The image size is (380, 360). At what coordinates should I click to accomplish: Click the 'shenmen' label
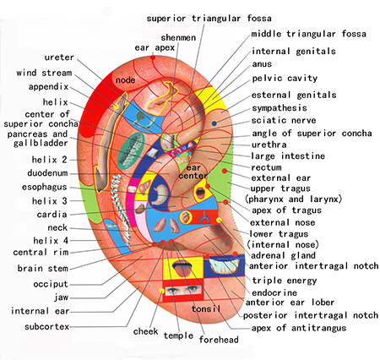tap(178, 37)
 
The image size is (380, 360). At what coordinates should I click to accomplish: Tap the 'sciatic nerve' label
tap(284, 120)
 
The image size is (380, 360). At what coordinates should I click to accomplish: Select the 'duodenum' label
tap(47, 172)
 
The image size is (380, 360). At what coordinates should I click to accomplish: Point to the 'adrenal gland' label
tap(283, 255)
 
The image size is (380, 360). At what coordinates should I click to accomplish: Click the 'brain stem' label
tap(43, 268)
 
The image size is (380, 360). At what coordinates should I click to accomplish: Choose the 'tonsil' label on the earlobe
tap(206, 308)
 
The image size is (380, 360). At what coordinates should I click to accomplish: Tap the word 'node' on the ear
tap(125, 80)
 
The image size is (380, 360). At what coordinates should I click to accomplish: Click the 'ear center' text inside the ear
tap(193, 172)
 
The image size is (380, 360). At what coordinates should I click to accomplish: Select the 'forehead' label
tap(219, 340)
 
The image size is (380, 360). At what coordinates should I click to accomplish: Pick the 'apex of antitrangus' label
tap(299, 328)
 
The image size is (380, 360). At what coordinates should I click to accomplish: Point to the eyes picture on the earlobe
tap(183, 291)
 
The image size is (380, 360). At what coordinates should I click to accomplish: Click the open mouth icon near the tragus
tap(200, 193)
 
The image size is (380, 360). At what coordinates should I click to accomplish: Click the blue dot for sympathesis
tap(214, 123)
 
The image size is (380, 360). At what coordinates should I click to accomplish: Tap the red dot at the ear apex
tap(153, 57)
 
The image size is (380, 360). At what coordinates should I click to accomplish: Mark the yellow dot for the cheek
tap(162, 291)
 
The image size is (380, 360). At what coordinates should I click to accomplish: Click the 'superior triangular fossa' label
tap(209, 19)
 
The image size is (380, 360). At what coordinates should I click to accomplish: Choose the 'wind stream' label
tap(44, 73)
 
